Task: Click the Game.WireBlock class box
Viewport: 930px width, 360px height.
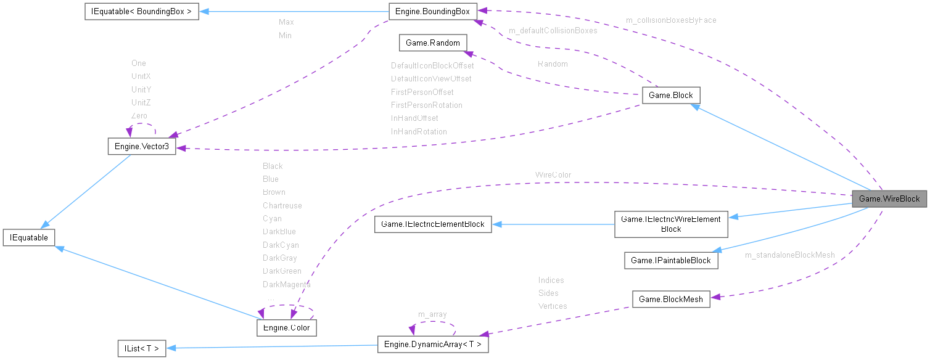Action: [x=889, y=198]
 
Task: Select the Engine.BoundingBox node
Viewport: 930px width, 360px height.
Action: [x=432, y=11]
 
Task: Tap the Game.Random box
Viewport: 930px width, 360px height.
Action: [x=433, y=43]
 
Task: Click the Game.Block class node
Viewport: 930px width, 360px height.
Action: [x=671, y=96]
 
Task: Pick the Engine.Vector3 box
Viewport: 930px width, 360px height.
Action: [x=141, y=146]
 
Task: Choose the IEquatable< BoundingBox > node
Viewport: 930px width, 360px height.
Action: [x=141, y=12]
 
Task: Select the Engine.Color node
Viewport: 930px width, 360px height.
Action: [x=286, y=327]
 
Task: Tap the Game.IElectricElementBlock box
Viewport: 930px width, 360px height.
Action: [x=433, y=224]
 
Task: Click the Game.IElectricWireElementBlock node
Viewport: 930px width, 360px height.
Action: [x=671, y=224]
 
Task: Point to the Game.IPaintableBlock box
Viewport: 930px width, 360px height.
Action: [x=671, y=260]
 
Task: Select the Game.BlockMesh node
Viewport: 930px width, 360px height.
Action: [x=671, y=299]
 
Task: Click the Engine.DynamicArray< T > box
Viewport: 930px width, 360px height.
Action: [x=433, y=344]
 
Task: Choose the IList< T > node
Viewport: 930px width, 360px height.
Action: [x=141, y=348]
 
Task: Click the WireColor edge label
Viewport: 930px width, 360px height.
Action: [x=553, y=175]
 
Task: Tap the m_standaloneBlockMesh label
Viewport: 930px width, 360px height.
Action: [x=789, y=255]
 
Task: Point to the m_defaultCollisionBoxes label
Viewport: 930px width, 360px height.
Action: [x=553, y=31]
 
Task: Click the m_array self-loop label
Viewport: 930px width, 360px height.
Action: [x=432, y=314]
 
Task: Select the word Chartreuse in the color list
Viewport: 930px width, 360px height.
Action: [x=282, y=205]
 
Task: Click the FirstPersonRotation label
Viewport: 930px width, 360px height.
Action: [x=426, y=105]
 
